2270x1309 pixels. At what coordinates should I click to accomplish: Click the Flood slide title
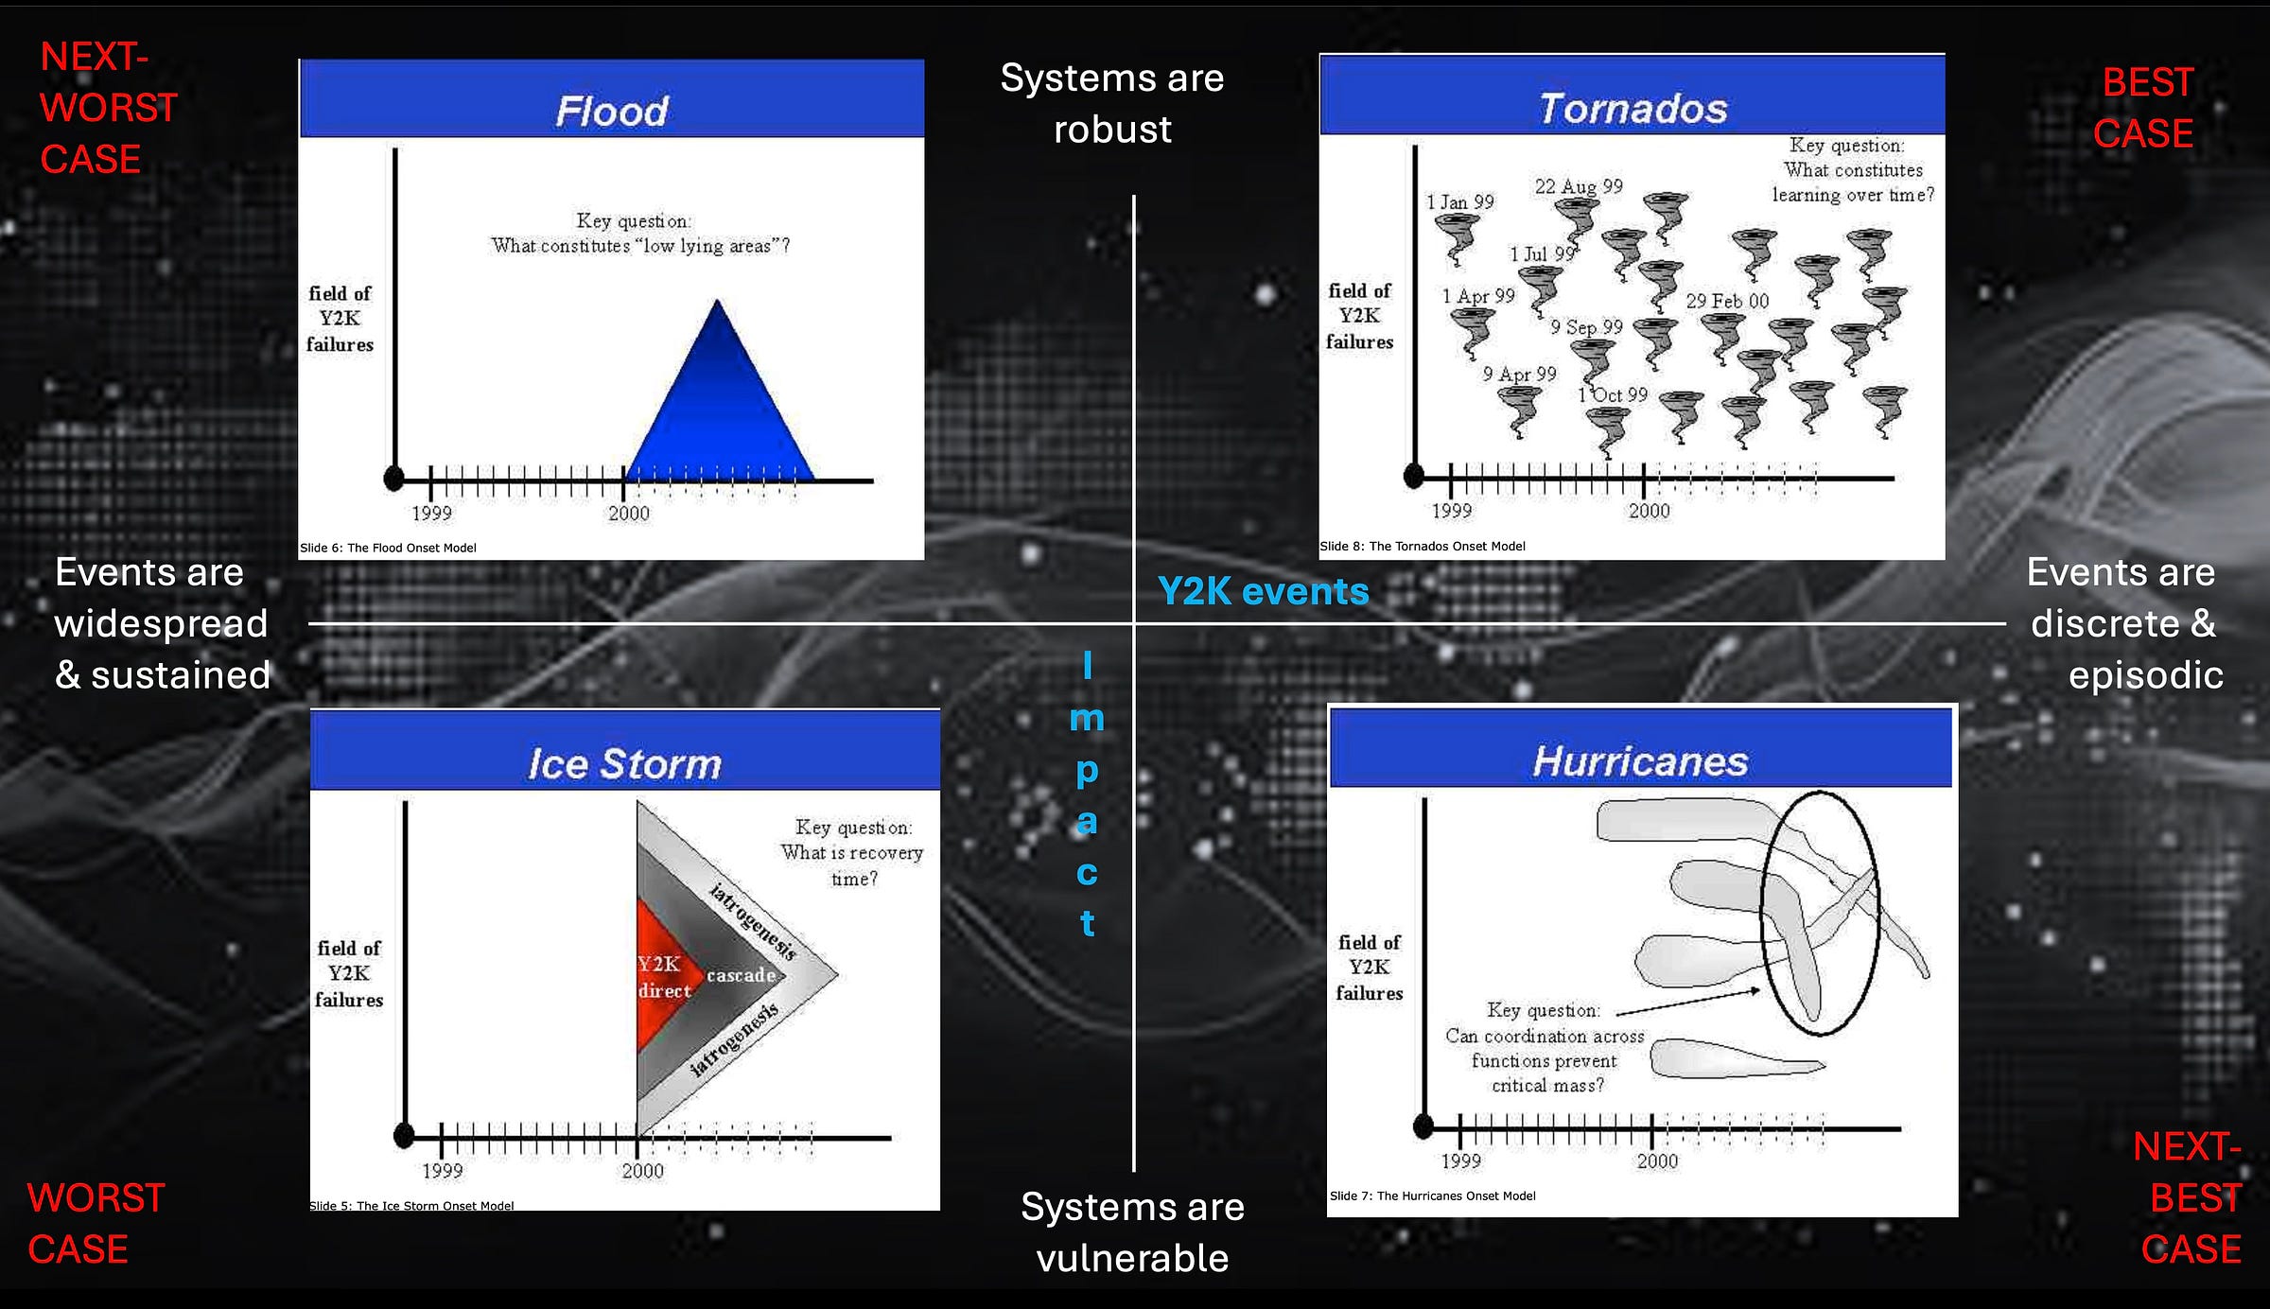[612, 112]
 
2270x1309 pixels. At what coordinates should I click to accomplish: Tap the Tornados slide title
[1633, 109]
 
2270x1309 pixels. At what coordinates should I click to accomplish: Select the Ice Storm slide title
[624, 764]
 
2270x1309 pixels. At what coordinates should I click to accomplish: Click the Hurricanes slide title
[1640, 761]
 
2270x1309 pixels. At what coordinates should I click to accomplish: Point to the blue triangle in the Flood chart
[719, 407]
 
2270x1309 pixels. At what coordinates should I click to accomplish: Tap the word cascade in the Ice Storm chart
[741, 975]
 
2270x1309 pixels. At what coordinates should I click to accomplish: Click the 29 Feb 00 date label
[1727, 301]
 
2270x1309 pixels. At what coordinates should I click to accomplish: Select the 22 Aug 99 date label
[1579, 186]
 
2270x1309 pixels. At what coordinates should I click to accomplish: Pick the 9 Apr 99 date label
[1519, 374]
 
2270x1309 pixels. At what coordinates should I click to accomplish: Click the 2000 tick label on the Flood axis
[629, 514]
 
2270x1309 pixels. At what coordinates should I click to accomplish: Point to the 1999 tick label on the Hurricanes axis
[1460, 1161]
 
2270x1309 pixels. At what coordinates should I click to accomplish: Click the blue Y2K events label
[1263, 592]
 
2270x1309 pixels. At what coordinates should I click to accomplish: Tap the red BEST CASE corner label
[2144, 108]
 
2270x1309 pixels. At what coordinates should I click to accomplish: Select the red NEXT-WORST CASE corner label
[108, 108]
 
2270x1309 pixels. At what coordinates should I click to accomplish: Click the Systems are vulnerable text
[1132, 1232]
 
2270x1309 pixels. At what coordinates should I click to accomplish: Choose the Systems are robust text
[1112, 103]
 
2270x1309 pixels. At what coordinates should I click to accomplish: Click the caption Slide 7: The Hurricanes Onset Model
[1432, 1196]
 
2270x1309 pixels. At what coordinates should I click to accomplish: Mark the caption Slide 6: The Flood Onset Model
[388, 548]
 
